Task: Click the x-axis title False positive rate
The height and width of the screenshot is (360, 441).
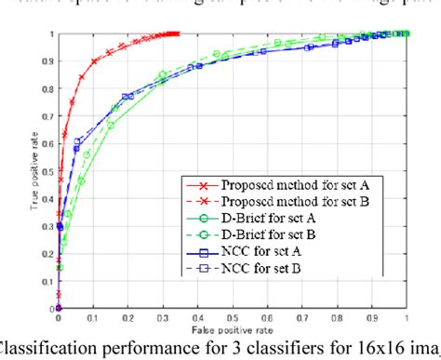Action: [231, 332]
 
